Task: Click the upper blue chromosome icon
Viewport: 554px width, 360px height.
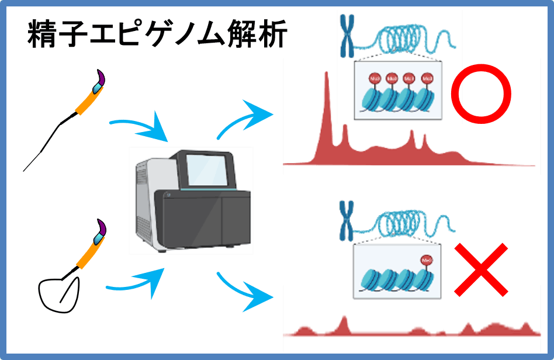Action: click(348, 34)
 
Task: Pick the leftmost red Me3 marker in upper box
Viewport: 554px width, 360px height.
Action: click(375, 78)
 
